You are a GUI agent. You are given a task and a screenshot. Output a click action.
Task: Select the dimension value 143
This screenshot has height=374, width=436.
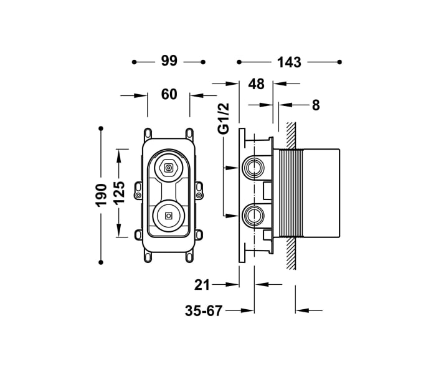[289, 62]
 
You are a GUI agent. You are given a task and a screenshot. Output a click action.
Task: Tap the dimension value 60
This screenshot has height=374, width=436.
[169, 95]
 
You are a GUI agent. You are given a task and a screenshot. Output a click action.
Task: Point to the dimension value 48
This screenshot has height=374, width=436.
[256, 84]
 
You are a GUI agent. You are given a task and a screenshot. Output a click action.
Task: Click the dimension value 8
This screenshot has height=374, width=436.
[316, 105]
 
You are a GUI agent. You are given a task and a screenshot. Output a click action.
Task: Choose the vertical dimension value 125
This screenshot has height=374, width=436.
[120, 193]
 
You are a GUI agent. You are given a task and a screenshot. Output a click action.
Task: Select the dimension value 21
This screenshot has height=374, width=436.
[202, 285]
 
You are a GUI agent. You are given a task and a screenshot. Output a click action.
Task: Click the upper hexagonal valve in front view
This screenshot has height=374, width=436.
[168, 167]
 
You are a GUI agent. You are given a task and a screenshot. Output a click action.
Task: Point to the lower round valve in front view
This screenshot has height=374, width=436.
[168, 216]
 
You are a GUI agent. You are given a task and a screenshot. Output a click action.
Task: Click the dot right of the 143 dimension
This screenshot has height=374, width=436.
[339, 62]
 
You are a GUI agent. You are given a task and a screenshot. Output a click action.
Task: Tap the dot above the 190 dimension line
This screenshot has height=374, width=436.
[101, 128]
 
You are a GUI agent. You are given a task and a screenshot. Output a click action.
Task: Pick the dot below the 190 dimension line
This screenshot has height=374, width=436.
[101, 262]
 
